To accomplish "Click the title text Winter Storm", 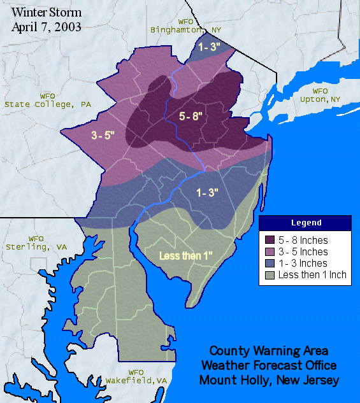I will pos(47,12).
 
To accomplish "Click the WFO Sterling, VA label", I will pos(35,243).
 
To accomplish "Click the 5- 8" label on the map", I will pos(191,116).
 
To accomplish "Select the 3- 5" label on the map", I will pos(103,135).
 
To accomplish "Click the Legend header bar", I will pos(305,223).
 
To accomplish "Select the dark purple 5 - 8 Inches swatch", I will pos(270,241).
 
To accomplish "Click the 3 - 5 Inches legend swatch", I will pos(270,252).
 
